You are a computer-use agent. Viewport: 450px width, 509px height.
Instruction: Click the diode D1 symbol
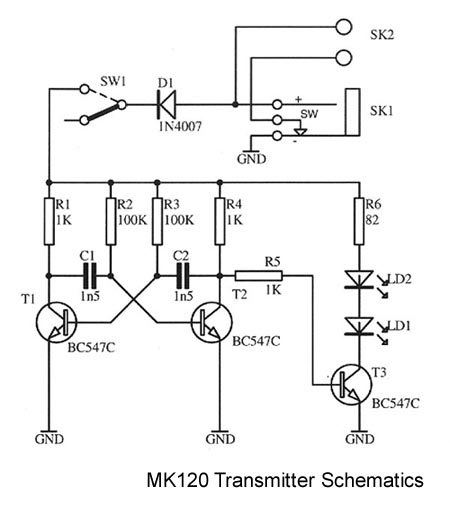tap(166, 105)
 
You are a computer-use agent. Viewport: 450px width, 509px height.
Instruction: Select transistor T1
tap(56, 322)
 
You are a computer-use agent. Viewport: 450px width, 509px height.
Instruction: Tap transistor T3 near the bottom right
tap(352, 385)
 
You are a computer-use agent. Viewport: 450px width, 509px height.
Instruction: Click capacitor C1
tap(90, 276)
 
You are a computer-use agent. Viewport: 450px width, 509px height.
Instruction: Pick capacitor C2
tap(183, 276)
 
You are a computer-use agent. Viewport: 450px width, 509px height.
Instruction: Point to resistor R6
tap(359, 221)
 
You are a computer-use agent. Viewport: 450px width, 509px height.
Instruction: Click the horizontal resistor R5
tap(259, 276)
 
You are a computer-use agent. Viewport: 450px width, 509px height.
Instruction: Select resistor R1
tap(49, 221)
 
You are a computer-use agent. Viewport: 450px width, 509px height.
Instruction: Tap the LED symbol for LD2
tap(359, 279)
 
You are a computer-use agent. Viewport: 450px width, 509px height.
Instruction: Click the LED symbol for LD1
tap(359, 326)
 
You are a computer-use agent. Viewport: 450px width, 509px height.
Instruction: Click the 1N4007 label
tap(180, 126)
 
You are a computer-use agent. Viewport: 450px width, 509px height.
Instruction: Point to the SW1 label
tap(113, 81)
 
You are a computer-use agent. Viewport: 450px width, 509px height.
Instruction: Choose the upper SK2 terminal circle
tap(343, 27)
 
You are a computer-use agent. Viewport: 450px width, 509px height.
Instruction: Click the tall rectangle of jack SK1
tap(353, 112)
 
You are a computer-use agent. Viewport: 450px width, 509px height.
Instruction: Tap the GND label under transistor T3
tap(360, 439)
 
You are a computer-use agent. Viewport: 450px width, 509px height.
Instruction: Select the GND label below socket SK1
tap(252, 159)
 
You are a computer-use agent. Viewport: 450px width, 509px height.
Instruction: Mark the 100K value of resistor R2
tap(133, 220)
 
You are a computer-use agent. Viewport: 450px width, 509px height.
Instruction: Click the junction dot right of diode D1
tap(235, 105)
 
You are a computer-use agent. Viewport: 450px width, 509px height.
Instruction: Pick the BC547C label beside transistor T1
tap(91, 348)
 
